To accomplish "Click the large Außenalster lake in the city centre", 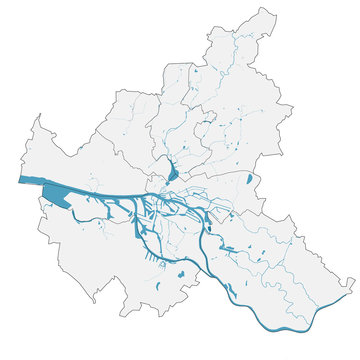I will pyautogui.click(x=173, y=172).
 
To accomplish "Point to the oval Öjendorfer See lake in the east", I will pyautogui.click(x=249, y=180).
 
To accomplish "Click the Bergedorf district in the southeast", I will pyautogui.click(x=290, y=250).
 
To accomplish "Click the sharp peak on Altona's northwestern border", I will pyautogui.click(x=39, y=116).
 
